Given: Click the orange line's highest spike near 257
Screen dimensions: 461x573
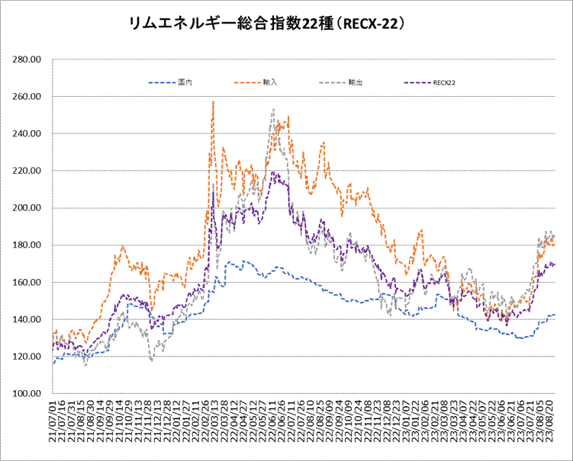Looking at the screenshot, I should point(213,102).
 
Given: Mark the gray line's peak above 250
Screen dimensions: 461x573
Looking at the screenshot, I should point(273,109).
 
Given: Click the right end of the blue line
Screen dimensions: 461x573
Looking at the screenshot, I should point(555,315).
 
